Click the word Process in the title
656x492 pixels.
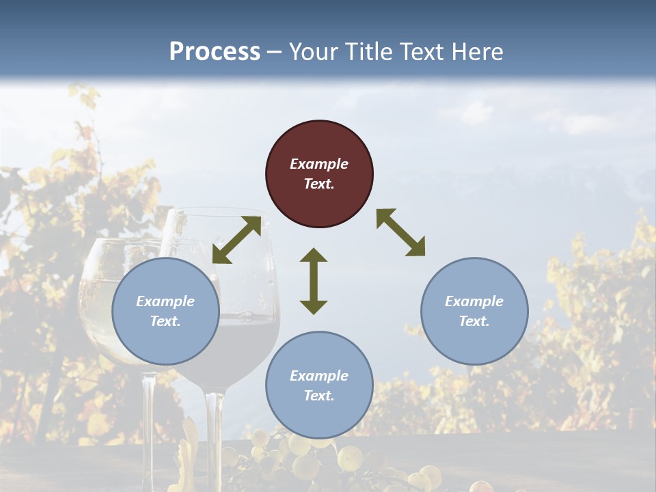point(215,52)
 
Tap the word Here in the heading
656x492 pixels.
point(476,52)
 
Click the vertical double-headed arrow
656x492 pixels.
point(314,281)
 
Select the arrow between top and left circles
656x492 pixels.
point(236,240)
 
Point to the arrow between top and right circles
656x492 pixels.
point(400,232)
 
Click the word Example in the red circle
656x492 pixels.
point(319,164)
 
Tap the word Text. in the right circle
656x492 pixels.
point(474,321)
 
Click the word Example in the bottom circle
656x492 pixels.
point(319,376)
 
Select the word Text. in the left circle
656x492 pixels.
point(165,321)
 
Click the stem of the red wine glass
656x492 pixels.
point(215,437)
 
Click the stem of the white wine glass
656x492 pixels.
point(148,424)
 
